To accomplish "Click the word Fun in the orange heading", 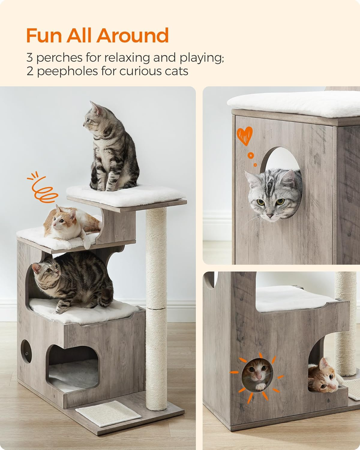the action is click(x=44, y=35).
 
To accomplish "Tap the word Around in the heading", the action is click(x=133, y=35).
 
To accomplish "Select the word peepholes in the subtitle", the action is click(x=68, y=72).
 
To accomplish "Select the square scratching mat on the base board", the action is click(x=108, y=408).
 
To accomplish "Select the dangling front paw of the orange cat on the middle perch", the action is click(x=87, y=243).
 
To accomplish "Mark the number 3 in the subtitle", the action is click(x=30, y=58).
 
